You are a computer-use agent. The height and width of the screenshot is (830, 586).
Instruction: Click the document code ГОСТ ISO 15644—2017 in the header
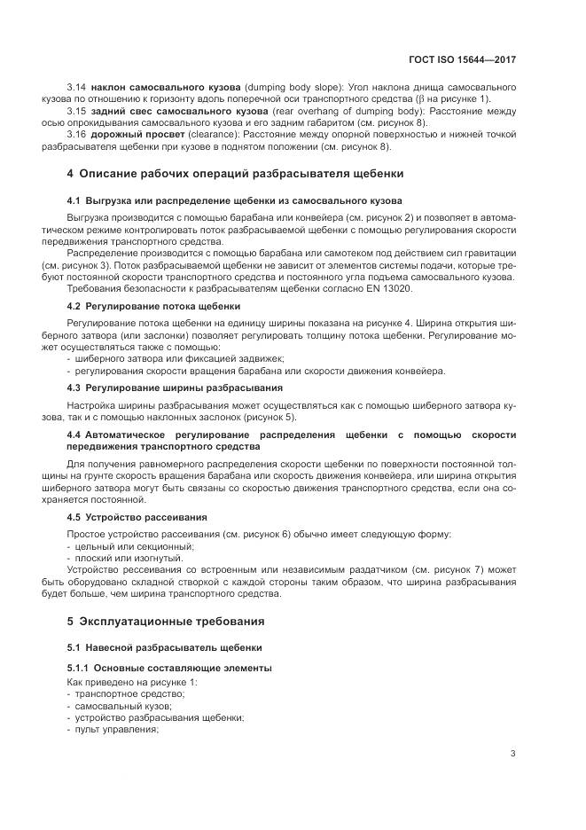click(x=461, y=59)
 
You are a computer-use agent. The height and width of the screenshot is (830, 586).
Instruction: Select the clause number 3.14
click(x=78, y=88)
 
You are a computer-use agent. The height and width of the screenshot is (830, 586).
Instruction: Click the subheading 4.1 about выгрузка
click(x=234, y=200)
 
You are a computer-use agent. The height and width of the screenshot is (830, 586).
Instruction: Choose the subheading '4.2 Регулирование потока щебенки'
click(x=153, y=305)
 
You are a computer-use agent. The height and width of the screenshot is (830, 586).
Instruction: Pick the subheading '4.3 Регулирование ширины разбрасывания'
click(x=175, y=388)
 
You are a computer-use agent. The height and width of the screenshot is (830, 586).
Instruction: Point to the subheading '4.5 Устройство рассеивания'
click(x=137, y=516)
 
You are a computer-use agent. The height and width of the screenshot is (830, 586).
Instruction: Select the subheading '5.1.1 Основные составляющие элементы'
click(x=168, y=667)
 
